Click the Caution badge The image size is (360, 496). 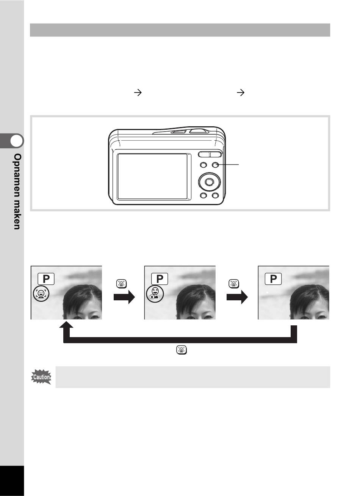pos(41,377)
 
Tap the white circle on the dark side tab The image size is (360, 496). pos(17,141)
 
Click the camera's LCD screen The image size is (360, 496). pos(152,176)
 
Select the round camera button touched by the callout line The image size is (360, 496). pos(215,165)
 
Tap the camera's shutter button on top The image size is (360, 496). pos(199,131)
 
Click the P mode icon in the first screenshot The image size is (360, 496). pos(46,279)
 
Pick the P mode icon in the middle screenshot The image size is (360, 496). pos(160,279)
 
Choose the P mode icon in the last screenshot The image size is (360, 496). pos(273,279)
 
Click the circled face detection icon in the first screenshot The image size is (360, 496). pos(41,294)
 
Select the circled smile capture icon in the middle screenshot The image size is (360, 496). pos(155,294)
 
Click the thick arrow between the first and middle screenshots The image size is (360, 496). pos(124,297)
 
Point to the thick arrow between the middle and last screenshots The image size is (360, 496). pos(237,297)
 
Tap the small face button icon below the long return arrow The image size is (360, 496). pos(182,350)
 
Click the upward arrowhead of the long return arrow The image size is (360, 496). pos(66,325)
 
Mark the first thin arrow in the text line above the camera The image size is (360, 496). pos(138,93)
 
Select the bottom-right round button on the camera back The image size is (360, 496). pos(215,196)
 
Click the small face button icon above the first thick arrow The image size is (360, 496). pos(122,284)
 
